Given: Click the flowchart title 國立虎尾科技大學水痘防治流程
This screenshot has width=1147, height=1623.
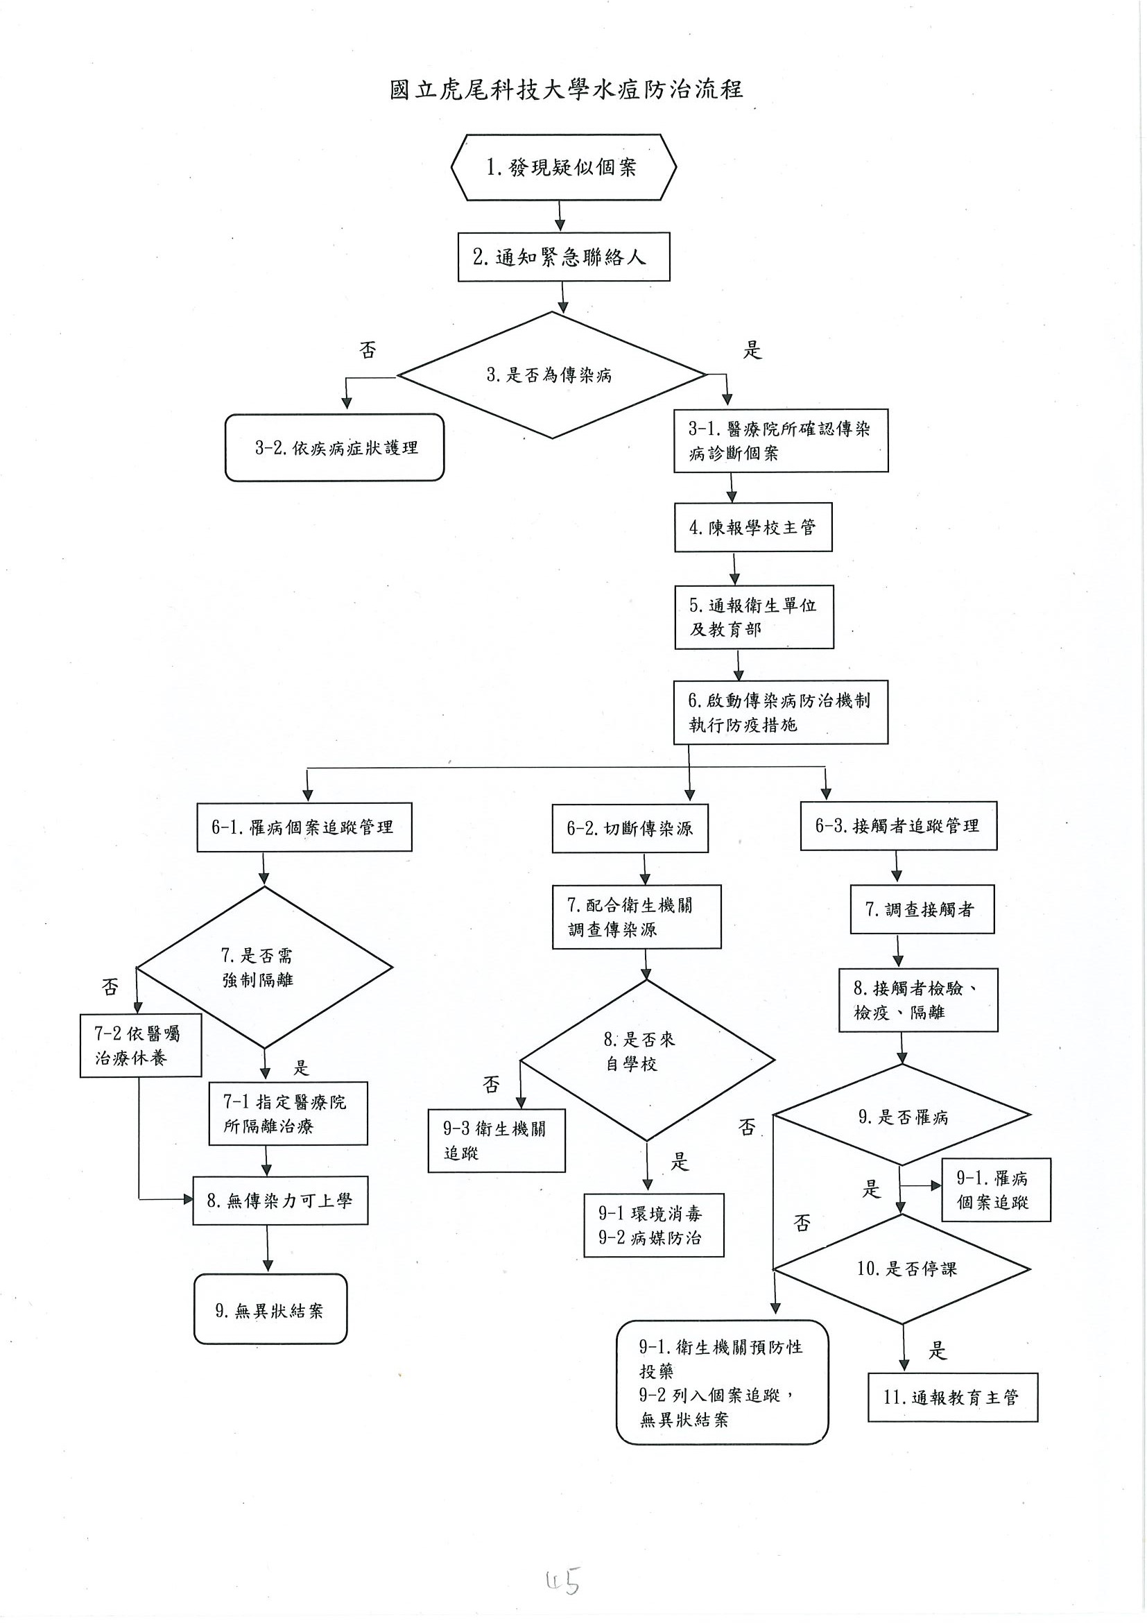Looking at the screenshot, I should click(566, 89).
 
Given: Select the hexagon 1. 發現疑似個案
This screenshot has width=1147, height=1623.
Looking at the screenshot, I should click(563, 168).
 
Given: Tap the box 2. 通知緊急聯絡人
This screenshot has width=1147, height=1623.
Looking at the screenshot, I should click(563, 257).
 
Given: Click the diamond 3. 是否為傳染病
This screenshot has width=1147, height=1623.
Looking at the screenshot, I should click(551, 375).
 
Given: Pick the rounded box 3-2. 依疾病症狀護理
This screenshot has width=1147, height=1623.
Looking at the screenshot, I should click(334, 447).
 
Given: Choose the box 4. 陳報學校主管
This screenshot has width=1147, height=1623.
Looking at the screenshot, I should click(752, 527).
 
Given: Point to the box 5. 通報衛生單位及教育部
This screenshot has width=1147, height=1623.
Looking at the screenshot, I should click(754, 617).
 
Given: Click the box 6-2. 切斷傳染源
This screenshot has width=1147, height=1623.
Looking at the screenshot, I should click(630, 827).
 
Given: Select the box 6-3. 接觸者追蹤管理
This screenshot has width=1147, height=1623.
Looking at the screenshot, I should click(898, 825).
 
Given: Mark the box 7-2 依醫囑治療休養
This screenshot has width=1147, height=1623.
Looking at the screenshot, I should click(140, 1045).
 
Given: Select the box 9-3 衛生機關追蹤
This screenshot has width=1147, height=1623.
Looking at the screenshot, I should click(496, 1140).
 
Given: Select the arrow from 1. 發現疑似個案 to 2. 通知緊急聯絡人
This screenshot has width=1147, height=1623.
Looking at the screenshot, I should click(560, 216).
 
